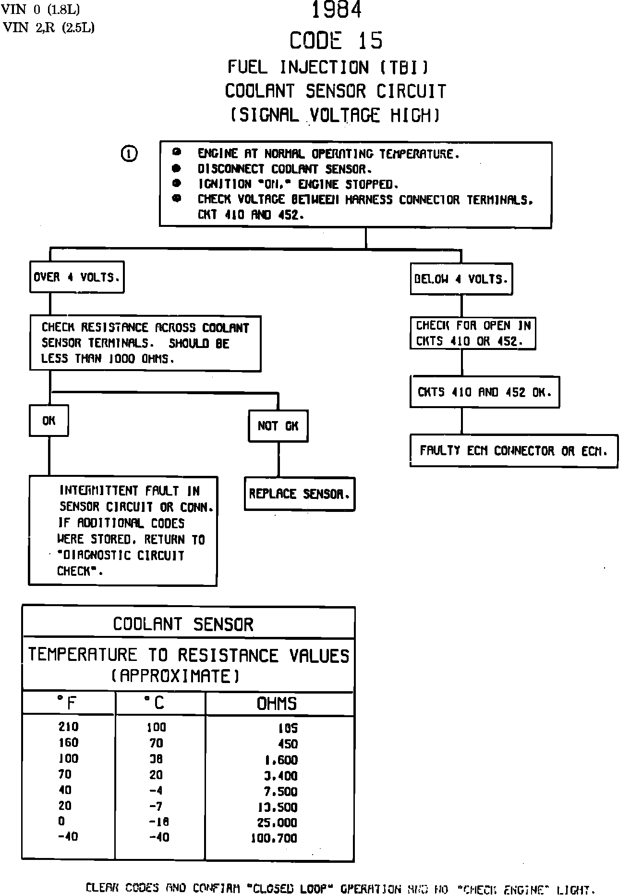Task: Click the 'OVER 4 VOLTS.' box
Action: [x=77, y=277]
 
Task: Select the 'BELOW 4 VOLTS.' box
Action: [x=461, y=279]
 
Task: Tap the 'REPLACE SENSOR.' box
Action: [x=300, y=494]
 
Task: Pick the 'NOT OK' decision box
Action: [x=278, y=426]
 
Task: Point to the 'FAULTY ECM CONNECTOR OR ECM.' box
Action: [x=513, y=451]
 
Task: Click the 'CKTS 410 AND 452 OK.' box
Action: [x=485, y=392]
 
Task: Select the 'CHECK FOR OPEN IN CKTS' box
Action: [x=472, y=333]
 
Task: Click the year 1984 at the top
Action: [x=336, y=10]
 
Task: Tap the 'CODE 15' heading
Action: [x=336, y=40]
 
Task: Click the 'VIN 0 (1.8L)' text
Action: [x=41, y=9]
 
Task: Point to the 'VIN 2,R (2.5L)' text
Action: [x=48, y=28]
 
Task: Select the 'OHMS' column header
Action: [x=277, y=704]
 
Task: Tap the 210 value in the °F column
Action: [x=68, y=727]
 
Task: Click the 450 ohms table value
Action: [x=288, y=744]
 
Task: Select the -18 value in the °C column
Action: [x=159, y=822]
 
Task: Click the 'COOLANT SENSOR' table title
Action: [x=183, y=624]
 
